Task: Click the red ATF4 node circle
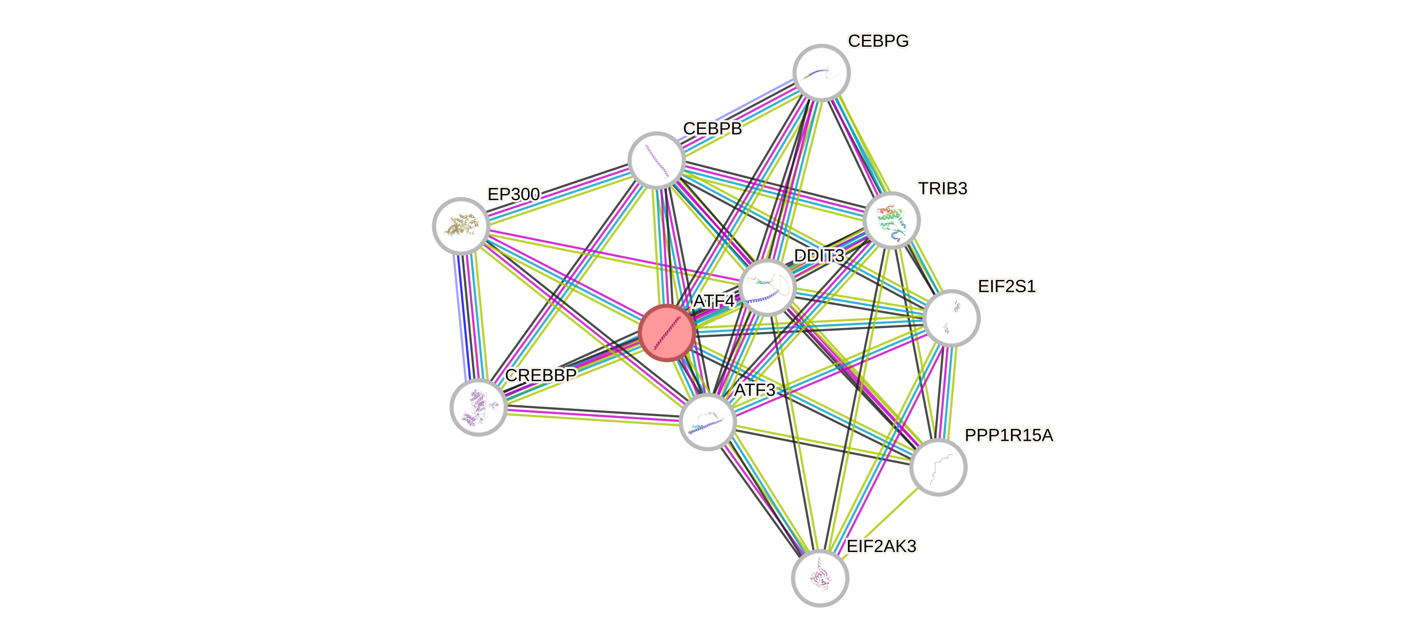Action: click(x=667, y=332)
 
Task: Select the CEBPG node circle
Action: click(x=821, y=72)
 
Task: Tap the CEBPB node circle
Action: click(x=657, y=160)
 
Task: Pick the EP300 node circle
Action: click(x=461, y=226)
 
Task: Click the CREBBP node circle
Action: click(x=479, y=407)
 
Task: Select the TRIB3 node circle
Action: click(x=891, y=220)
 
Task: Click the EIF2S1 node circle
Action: click(x=951, y=318)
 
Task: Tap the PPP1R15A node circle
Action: click(x=938, y=467)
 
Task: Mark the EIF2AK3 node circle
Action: click(x=820, y=578)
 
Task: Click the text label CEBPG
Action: click(x=878, y=41)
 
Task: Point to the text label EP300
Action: click(x=513, y=194)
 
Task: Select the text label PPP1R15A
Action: click(x=1009, y=435)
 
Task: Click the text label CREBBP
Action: click(x=541, y=375)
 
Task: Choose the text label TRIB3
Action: click(x=943, y=188)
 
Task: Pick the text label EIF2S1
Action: click(x=1007, y=287)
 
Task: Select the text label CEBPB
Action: click(x=713, y=128)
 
